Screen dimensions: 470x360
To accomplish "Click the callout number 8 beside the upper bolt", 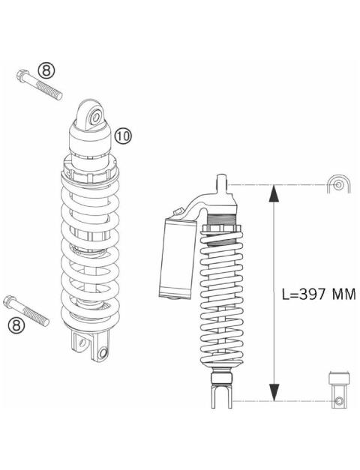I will (x=46, y=70).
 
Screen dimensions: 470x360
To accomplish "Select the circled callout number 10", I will (x=124, y=135).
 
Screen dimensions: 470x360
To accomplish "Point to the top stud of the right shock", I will (x=221, y=182).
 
